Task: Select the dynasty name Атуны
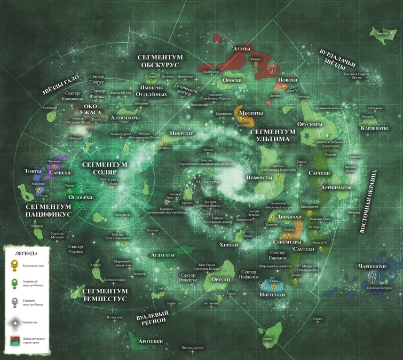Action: pos(241,49)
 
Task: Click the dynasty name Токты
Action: pos(33,171)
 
